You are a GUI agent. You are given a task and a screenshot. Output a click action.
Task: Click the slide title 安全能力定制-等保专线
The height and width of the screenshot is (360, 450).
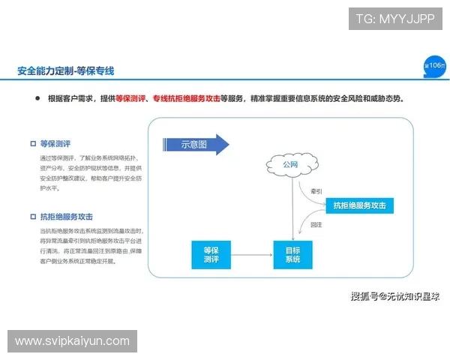tap(65, 71)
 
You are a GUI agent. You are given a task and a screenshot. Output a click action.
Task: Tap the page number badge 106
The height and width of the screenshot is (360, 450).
tap(433, 65)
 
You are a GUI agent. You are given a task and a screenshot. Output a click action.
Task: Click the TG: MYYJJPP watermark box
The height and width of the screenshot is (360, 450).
tap(395, 19)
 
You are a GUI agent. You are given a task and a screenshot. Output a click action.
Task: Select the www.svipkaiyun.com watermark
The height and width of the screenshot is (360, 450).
tap(72, 341)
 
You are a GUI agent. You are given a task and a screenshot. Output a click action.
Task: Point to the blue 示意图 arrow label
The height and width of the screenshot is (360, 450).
tap(193, 145)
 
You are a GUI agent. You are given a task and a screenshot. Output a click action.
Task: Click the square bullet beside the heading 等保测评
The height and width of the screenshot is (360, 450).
tap(33, 143)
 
